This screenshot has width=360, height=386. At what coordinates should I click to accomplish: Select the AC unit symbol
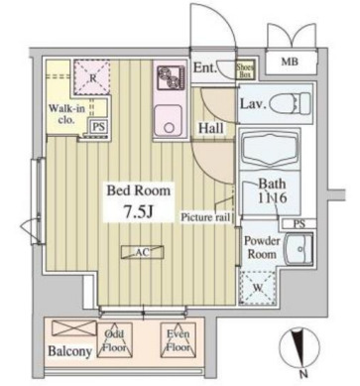141,252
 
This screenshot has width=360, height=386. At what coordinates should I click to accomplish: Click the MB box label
290,63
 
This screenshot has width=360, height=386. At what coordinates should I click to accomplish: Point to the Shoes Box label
245,68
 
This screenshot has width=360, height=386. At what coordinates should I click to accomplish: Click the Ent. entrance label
206,68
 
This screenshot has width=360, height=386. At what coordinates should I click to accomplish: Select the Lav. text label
251,103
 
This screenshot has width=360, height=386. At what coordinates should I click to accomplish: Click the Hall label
209,129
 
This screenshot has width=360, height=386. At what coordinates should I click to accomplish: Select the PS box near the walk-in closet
97,127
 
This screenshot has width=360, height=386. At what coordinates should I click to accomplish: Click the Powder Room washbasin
296,251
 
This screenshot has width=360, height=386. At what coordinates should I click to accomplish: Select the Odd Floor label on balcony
115,342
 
